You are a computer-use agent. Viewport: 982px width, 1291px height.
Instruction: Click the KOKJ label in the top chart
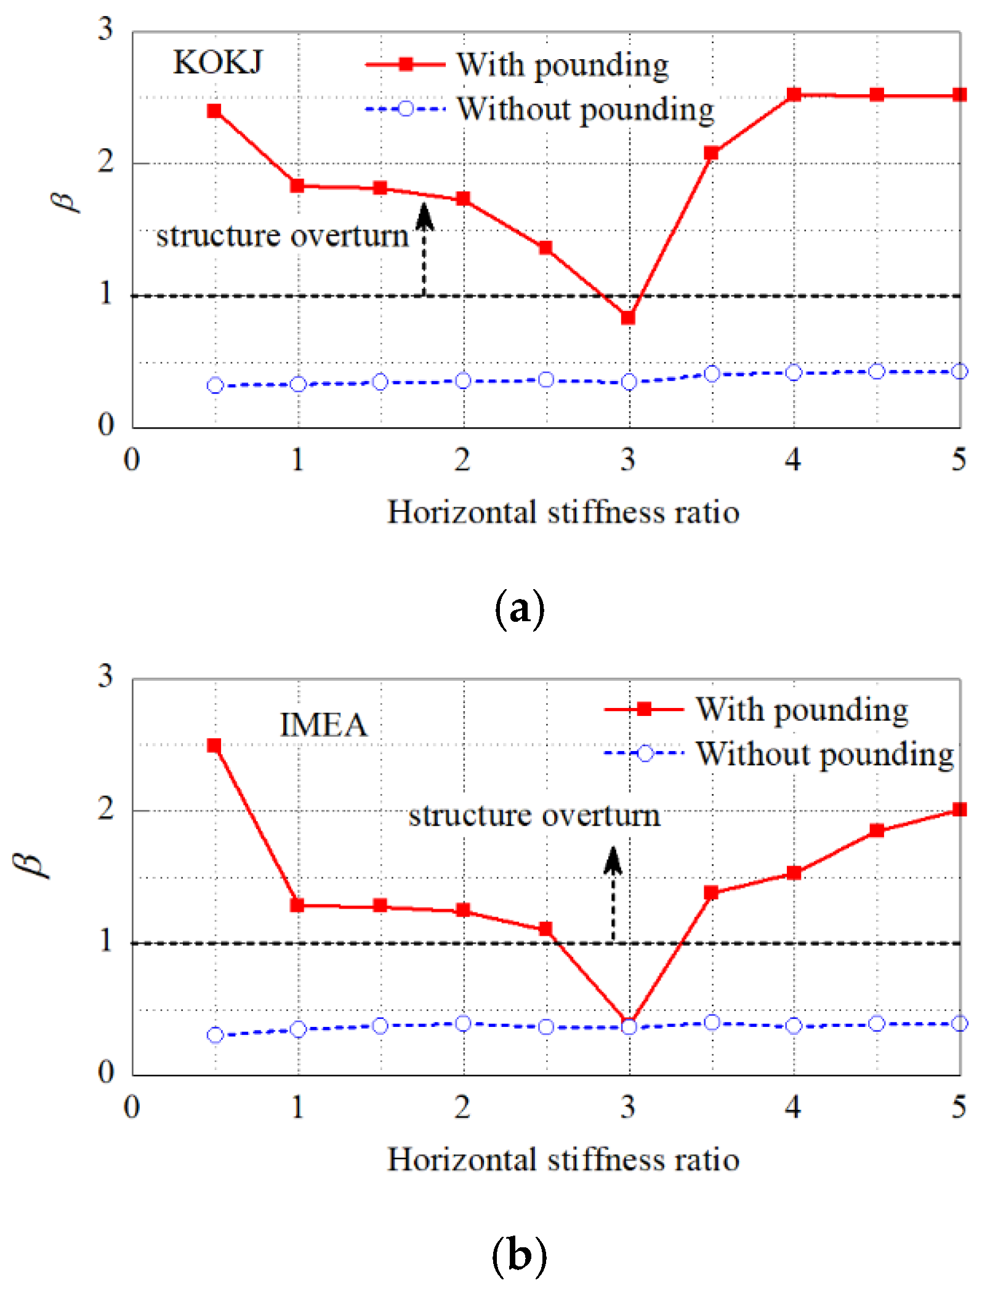218,62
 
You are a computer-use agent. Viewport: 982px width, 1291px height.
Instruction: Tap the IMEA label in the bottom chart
323,725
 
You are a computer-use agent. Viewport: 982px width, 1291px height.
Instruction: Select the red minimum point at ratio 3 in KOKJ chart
628,318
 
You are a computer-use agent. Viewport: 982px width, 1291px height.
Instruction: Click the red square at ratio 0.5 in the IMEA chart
214,746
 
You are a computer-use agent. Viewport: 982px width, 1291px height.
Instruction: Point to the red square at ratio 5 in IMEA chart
959,810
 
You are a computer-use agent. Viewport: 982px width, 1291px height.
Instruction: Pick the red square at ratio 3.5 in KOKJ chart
711,153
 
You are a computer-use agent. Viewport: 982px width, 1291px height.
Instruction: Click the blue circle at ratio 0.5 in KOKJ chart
215,385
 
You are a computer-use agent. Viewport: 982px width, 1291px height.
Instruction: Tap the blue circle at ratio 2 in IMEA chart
463,1023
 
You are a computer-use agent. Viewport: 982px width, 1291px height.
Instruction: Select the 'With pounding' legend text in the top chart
562,65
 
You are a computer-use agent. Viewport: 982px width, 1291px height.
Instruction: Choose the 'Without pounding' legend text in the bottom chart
825,754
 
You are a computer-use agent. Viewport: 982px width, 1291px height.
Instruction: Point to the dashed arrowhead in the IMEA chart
613,860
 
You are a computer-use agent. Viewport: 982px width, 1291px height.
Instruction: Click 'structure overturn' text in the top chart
282,236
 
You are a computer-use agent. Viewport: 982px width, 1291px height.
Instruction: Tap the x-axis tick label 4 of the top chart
793,459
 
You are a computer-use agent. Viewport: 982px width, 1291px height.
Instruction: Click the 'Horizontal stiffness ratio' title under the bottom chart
563,1160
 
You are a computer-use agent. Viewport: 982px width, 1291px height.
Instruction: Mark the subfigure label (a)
519,609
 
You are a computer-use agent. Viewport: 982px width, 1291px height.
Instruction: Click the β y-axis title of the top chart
66,200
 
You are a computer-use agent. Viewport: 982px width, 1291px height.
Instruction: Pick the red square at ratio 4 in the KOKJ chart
794,95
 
